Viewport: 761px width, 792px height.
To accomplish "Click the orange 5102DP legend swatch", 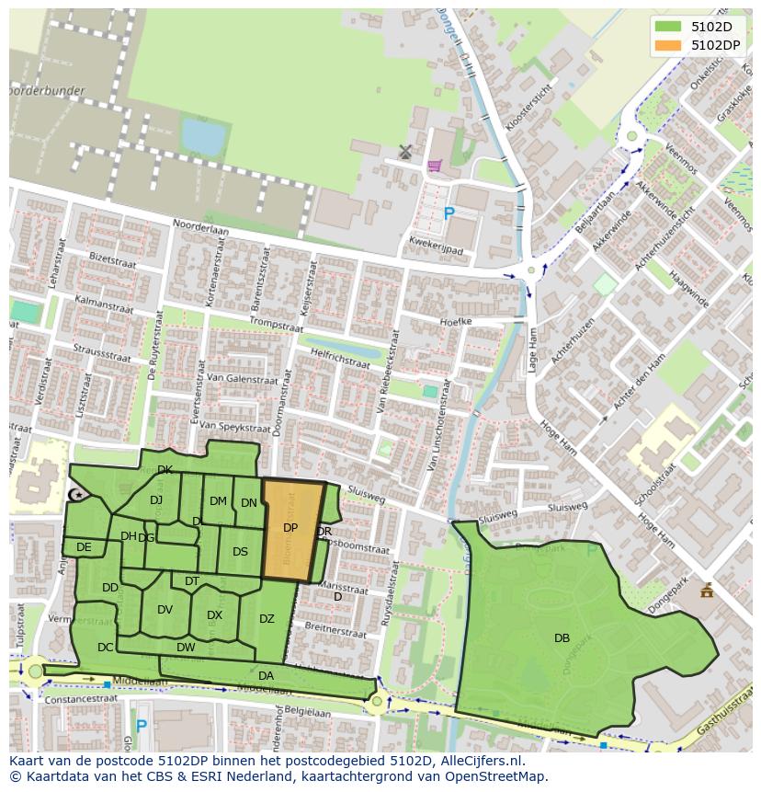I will (668, 45).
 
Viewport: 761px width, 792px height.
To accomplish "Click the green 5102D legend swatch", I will (668, 27).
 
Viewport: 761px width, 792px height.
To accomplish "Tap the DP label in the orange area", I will (290, 528).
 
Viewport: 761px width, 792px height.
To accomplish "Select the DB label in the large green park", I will (562, 638).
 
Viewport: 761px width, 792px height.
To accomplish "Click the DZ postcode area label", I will (267, 619).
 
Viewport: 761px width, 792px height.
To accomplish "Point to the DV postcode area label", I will (165, 610).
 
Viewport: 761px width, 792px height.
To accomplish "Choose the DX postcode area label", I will (214, 615).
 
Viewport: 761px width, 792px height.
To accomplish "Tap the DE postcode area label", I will (84, 547).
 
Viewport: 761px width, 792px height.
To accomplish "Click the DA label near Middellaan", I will (266, 676).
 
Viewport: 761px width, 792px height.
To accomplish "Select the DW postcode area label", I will (186, 648).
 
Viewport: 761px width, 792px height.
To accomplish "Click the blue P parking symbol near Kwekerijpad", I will (449, 214).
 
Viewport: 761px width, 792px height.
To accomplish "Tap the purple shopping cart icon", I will (434, 166).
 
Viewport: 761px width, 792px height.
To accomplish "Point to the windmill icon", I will (405, 151).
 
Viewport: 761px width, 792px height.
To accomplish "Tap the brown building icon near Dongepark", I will (706, 591).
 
